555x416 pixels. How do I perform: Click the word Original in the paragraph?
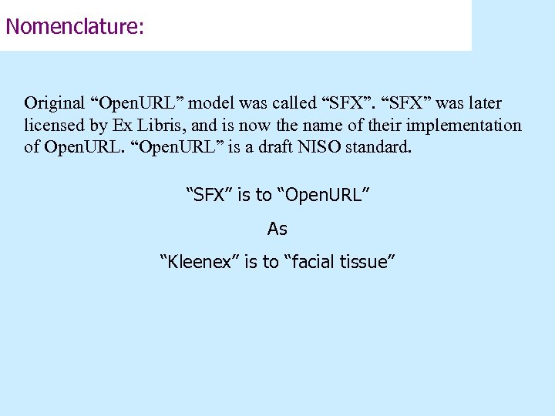55,102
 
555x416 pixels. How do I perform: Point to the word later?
483,102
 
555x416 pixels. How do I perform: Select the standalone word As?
277,229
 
